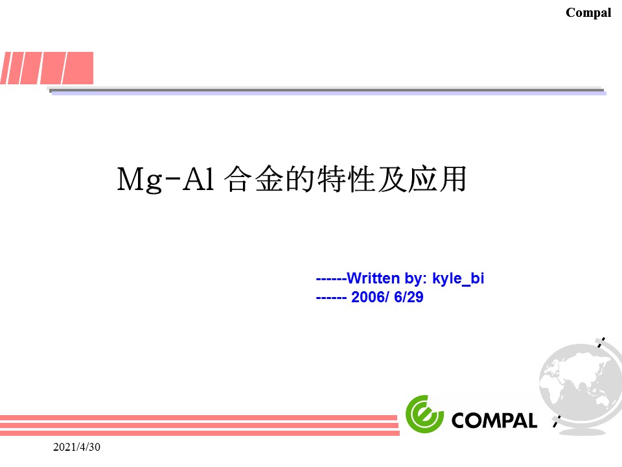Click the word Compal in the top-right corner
(x=588, y=13)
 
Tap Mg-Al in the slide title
(x=165, y=180)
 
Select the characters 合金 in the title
(x=253, y=179)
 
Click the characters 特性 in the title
(x=346, y=179)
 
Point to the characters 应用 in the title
(x=437, y=179)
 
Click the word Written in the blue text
(x=373, y=278)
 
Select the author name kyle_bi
(x=458, y=278)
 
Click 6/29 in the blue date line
(x=409, y=297)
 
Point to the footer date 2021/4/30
(x=76, y=447)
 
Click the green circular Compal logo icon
(x=424, y=414)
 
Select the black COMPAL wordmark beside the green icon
(x=494, y=420)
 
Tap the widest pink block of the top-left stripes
(x=77, y=68)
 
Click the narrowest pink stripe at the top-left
(x=6, y=68)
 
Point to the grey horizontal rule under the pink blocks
(x=327, y=91)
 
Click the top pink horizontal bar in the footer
(x=198, y=418)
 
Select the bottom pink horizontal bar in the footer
(x=200, y=433)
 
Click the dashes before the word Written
(x=331, y=279)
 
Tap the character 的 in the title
(x=300, y=179)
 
